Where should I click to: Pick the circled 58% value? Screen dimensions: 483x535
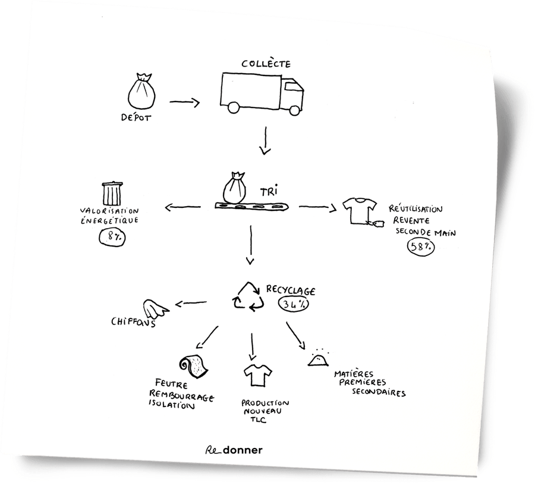coord(420,247)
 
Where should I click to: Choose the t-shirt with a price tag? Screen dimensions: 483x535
coord(361,211)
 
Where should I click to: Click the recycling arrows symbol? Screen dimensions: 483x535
coord(249,296)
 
